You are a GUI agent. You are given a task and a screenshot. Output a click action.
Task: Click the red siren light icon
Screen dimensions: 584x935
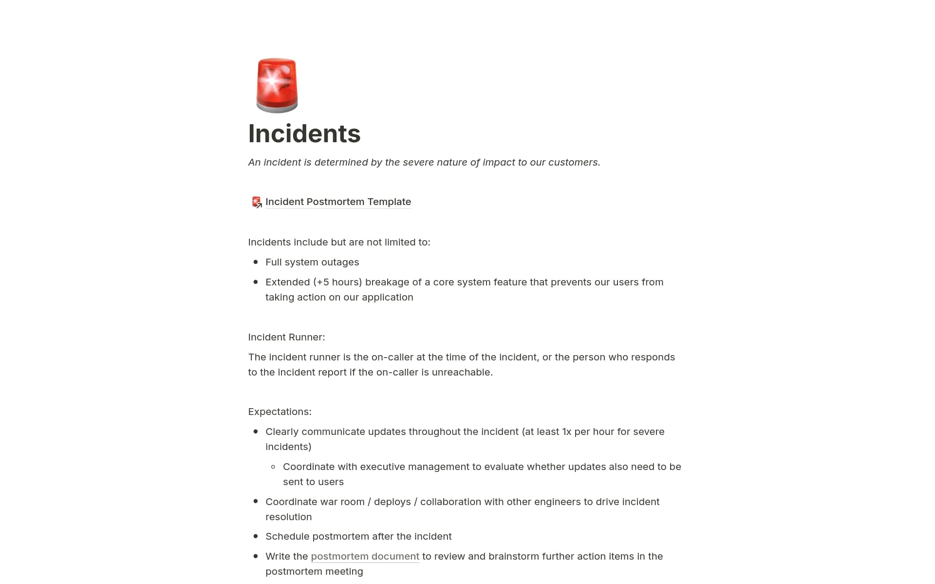(277, 85)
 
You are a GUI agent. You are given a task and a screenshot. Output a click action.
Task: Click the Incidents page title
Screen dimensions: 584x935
(304, 133)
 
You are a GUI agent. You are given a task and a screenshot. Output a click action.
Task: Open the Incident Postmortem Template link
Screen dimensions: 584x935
(338, 202)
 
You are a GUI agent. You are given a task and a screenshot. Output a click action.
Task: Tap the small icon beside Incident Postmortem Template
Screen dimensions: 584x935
(256, 202)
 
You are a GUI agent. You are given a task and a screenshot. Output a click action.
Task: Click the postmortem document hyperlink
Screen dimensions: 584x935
(365, 556)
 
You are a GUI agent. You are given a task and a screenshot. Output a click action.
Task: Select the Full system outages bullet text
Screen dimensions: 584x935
(312, 262)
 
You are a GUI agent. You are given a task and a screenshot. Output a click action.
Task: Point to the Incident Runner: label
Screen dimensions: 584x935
(286, 337)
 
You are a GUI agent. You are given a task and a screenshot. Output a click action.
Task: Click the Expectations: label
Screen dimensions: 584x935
(280, 412)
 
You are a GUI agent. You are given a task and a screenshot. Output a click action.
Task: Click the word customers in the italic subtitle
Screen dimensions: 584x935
(573, 162)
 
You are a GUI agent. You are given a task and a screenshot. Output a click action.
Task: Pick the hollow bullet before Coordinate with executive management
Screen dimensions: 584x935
(273, 467)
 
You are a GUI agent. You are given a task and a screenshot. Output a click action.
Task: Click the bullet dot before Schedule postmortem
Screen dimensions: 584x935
(256, 536)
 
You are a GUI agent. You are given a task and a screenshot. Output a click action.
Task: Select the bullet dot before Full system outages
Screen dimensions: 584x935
(256, 262)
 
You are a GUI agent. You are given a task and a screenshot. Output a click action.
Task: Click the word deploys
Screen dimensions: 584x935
(392, 502)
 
